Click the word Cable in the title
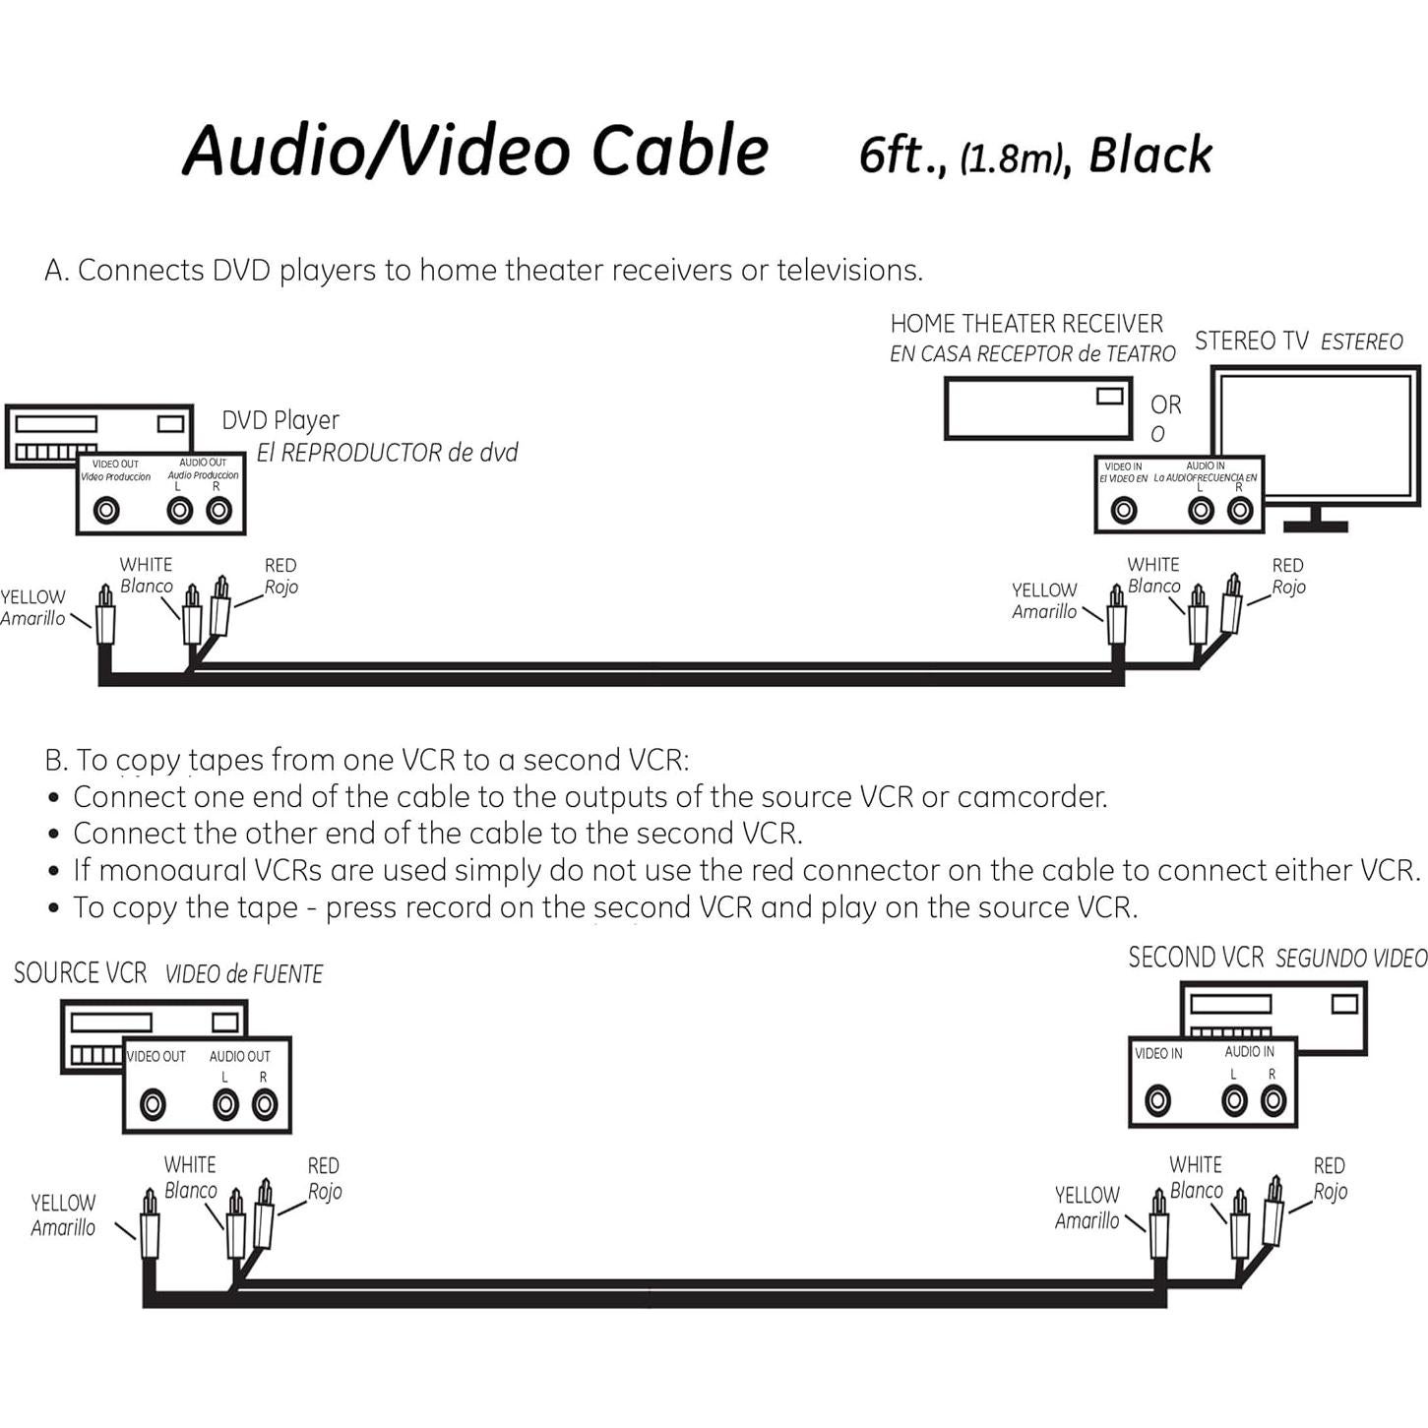tap(679, 150)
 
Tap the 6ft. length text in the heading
tap(900, 155)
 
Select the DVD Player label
tap(280, 420)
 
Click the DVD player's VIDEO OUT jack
tap(106, 510)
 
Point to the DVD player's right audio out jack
tap(218, 510)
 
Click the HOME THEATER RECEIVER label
tap(1026, 324)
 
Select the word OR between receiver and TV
tap(1165, 404)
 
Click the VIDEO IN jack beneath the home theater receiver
tap(1124, 510)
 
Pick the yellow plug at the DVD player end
tap(105, 620)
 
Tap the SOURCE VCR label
tap(81, 973)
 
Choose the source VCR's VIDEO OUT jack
tap(153, 1105)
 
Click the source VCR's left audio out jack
tap(226, 1105)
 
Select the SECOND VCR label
tap(1196, 958)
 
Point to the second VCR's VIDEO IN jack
tap(1158, 1100)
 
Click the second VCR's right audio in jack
tap(1273, 1100)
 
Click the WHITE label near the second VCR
tap(1196, 1165)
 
